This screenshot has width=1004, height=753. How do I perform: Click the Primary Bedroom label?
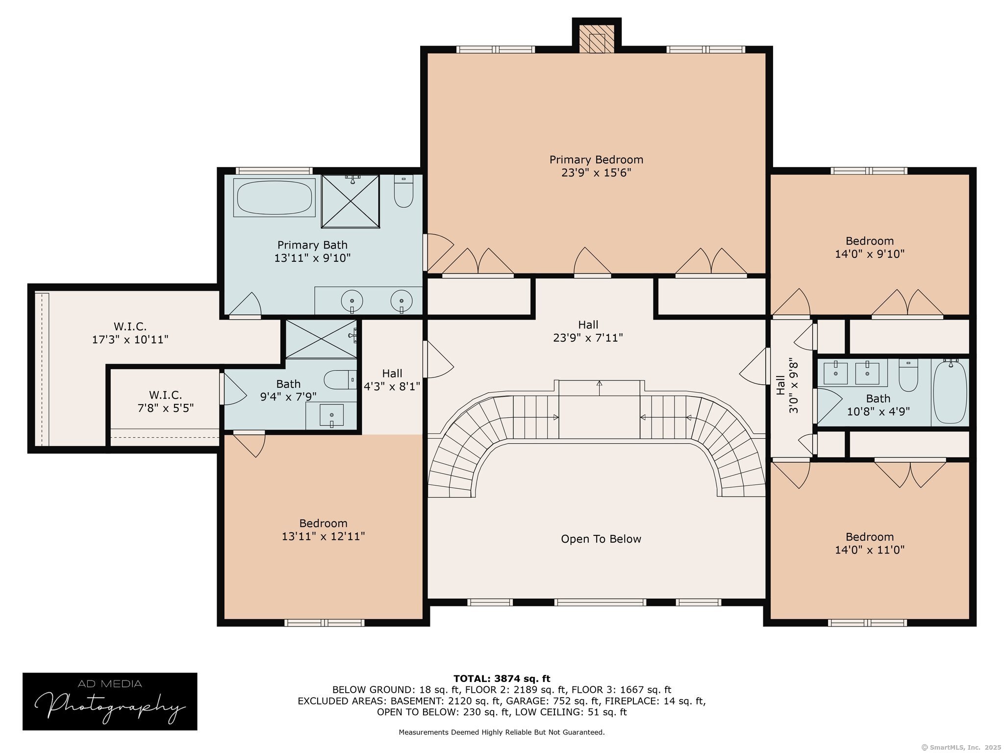596,166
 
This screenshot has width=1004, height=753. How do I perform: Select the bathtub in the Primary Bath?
275,197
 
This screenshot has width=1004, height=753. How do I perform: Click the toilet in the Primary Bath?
403,191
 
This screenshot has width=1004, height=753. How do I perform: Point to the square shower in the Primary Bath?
351,201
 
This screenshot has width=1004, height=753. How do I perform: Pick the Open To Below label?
601,539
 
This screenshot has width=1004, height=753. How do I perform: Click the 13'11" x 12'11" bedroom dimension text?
324,536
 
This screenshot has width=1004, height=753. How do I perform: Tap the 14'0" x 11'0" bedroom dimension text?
870,550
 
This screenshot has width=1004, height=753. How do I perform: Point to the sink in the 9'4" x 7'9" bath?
331,415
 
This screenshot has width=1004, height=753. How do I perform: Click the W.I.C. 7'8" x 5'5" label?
166,402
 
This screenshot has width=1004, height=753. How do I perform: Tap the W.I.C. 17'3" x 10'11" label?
130,333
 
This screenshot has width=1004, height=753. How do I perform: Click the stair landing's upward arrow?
600,387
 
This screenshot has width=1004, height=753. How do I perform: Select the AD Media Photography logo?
110,702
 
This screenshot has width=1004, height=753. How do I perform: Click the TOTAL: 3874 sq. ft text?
502,679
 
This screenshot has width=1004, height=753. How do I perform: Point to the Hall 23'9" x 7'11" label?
588,331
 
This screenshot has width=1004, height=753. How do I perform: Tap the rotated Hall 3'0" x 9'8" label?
787,387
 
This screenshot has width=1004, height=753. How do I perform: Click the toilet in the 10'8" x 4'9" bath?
908,376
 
